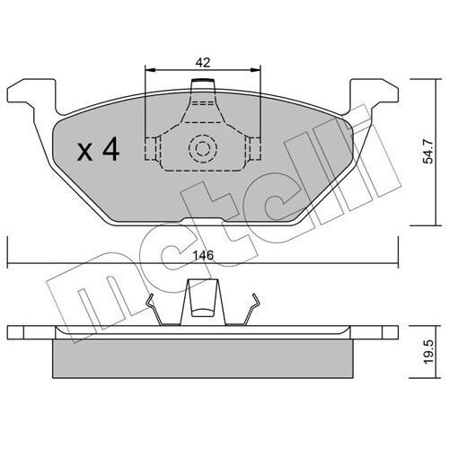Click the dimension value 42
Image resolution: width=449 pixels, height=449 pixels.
(x=203, y=62)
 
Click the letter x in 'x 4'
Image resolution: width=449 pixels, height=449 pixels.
(x=85, y=152)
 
